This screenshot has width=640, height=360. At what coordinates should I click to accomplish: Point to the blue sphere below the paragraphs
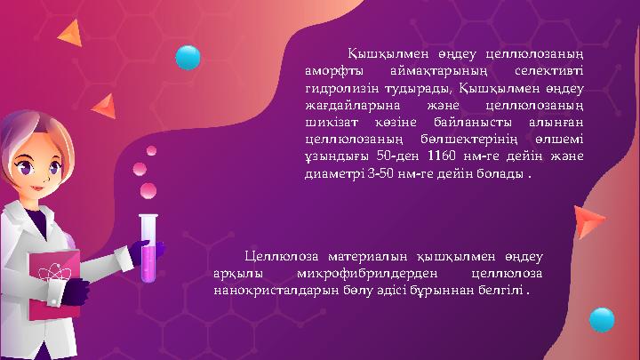[603, 319]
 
